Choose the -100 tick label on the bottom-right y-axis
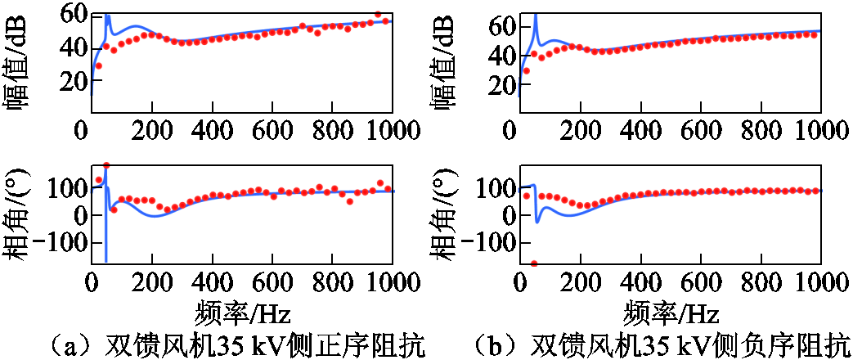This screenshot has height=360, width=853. [484, 243]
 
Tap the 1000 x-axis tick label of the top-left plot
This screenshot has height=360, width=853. [391, 130]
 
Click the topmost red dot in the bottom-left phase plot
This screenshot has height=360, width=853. [106, 166]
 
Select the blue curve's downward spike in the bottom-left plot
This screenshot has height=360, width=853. [106, 254]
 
